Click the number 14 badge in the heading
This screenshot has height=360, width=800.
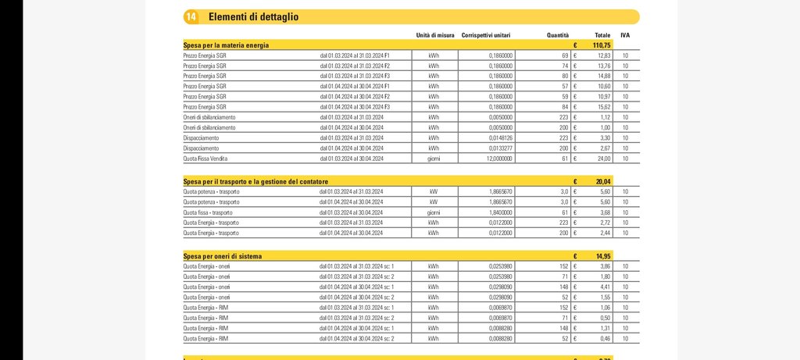[191, 16]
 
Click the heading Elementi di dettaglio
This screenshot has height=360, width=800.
[253, 16]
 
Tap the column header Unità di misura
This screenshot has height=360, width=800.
[435, 35]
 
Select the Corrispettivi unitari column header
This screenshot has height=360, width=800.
[487, 35]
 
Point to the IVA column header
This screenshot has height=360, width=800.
[625, 35]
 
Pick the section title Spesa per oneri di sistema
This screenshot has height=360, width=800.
[223, 256]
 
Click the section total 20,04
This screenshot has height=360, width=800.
[602, 181]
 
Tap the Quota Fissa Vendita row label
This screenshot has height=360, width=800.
[205, 159]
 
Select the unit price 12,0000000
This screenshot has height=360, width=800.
[496, 159]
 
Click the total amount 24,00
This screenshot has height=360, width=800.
[602, 159]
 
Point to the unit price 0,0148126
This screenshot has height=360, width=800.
[498, 137]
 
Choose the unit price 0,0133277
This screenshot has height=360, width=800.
[498, 148]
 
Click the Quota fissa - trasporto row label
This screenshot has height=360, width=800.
[208, 212]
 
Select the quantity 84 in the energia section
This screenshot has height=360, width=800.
[564, 107]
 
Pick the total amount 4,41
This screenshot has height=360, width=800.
[603, 287]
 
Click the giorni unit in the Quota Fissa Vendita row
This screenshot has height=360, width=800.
[434, 159]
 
